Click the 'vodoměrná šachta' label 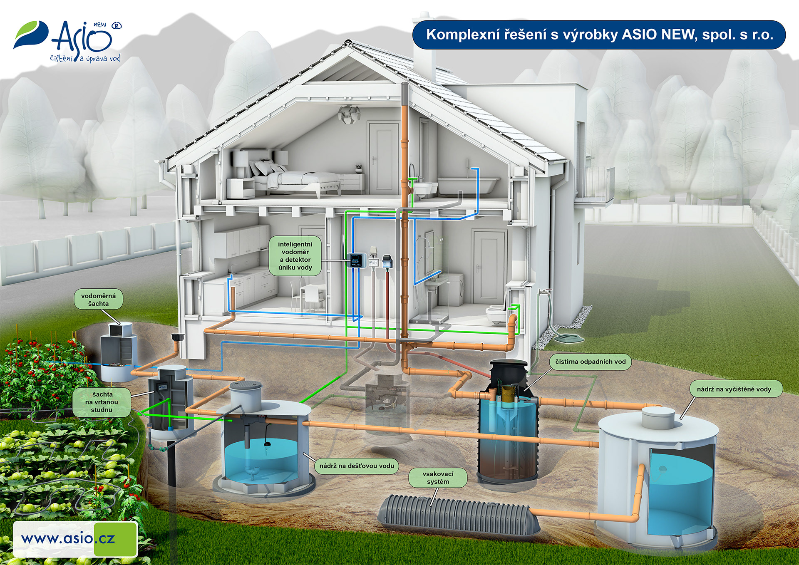tap(98, 300)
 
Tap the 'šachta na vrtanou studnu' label tap(102, 402)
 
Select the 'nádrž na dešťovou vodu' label tap(357, 466)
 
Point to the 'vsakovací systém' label tap(438, 478)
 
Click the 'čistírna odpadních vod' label tap(590, 362)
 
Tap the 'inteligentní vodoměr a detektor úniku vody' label tap(295, 256)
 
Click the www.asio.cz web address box tap(75, 539)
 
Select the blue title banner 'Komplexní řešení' tap(599, 35)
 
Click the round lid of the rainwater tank tap(246, 386)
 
